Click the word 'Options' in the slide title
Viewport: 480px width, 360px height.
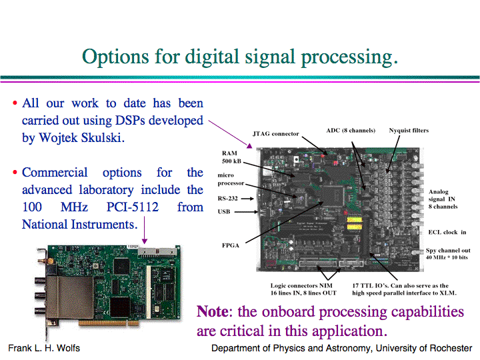coord(115,57)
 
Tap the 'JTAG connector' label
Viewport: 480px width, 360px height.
coord(275,134)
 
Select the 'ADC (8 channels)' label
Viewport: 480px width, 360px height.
coord(351,131)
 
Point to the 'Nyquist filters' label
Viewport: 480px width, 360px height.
coord(409,131)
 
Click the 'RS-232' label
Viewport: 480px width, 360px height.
coord(227,199)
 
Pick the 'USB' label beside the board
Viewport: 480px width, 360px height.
coord(224,211)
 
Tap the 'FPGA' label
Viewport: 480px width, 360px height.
coord(231,245)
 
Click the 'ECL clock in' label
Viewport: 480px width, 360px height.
coord(447,232)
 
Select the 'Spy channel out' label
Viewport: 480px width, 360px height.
coord(448,251)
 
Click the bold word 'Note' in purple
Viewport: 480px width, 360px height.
coord(213,311)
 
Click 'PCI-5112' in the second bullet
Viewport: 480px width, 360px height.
coord(132,207)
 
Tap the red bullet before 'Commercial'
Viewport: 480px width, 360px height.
coord(15,173)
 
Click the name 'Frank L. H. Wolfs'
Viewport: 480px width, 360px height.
coord(44,348)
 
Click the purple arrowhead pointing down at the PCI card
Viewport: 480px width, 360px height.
coord(145,241)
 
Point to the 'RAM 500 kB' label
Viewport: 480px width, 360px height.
coord(231,157)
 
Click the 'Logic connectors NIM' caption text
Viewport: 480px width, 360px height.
coord(301,285)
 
